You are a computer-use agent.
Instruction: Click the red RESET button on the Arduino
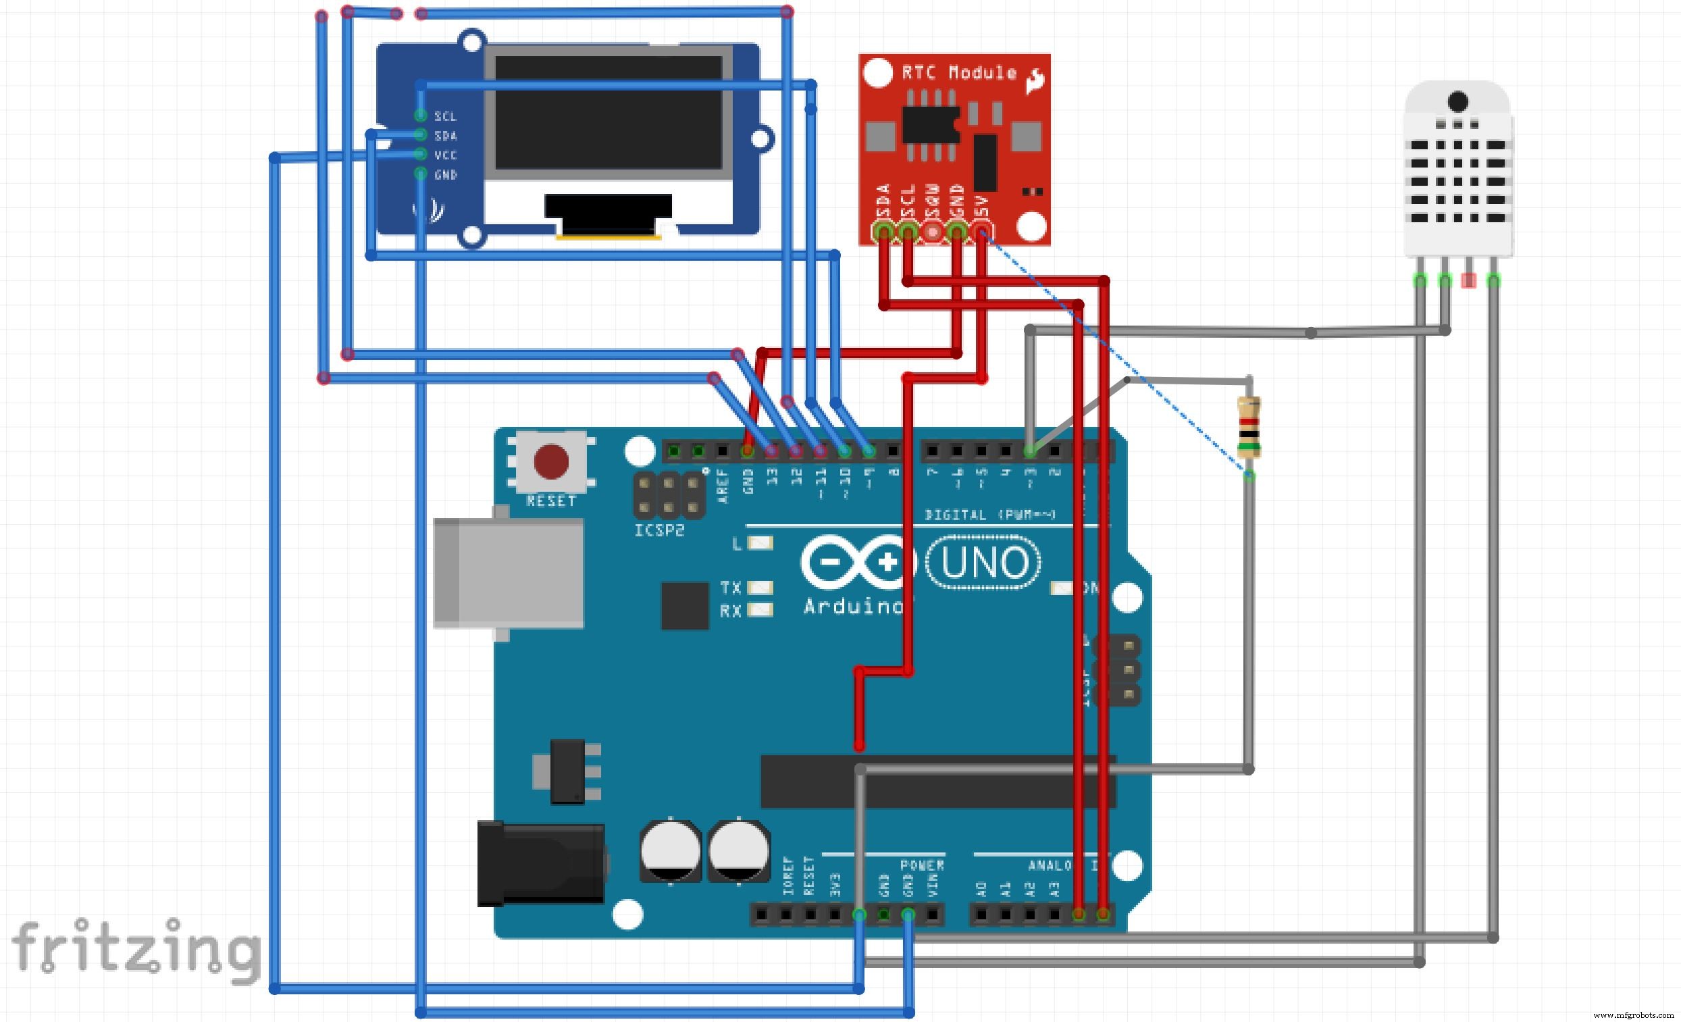click(x=551, y=462)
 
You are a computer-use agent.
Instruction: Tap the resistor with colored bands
click(x=1249, y=428)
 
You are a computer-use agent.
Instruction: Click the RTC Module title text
click(x=958, y=73)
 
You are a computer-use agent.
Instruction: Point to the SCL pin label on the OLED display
click(x=446, y=117)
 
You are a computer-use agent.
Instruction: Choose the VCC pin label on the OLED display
click(x=446, y=155)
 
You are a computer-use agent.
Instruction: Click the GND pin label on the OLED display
click(x=446, y=176)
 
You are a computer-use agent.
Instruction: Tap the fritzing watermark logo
click(x=136, y=948)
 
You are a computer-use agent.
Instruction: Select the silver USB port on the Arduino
click(x=509, y=573)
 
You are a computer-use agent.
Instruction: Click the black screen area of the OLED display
click(x=608, y=113)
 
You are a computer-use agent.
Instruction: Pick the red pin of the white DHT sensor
click(x=1469, y=280)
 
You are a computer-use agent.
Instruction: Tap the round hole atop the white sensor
click(x=1458, y=101)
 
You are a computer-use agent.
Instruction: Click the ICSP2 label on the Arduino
click(x=659, y=531)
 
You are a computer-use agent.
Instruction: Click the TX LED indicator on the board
click(x=760, y=588)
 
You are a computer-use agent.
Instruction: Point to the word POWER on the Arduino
click(x=922, y=865)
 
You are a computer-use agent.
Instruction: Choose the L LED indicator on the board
click(x=760, y=543)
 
